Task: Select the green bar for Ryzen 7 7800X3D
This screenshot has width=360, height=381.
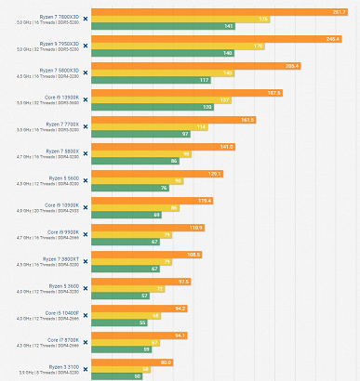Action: [177, 26]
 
